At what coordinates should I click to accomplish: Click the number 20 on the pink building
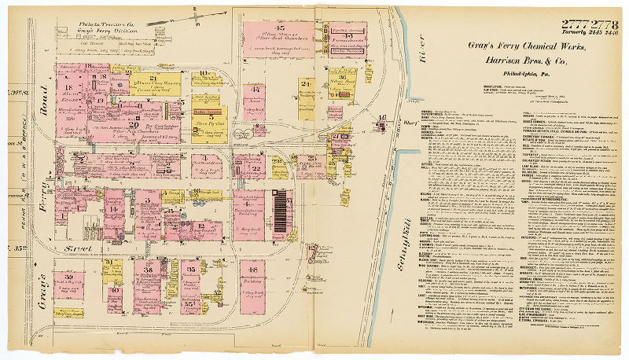[x=134, y=124]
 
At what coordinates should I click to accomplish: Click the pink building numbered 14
[x=114, y=212]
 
